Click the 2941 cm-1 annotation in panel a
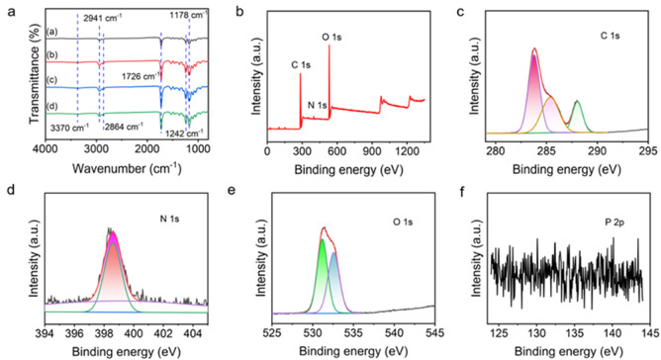pos(102,18)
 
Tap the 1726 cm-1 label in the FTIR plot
pos(140,77)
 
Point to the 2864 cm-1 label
pos(124,126)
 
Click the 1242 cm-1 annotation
pos(185,135)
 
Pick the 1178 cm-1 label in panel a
pos(188,15)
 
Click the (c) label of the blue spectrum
pos(52,80)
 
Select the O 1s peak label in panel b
pos(331,38)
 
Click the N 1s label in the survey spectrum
pos(317,105)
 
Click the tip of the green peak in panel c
pos(577,101)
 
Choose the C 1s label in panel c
pos(610,36)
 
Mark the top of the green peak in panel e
pos(323,239)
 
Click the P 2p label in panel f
pos(614,223)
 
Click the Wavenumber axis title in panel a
pos(127,168)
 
